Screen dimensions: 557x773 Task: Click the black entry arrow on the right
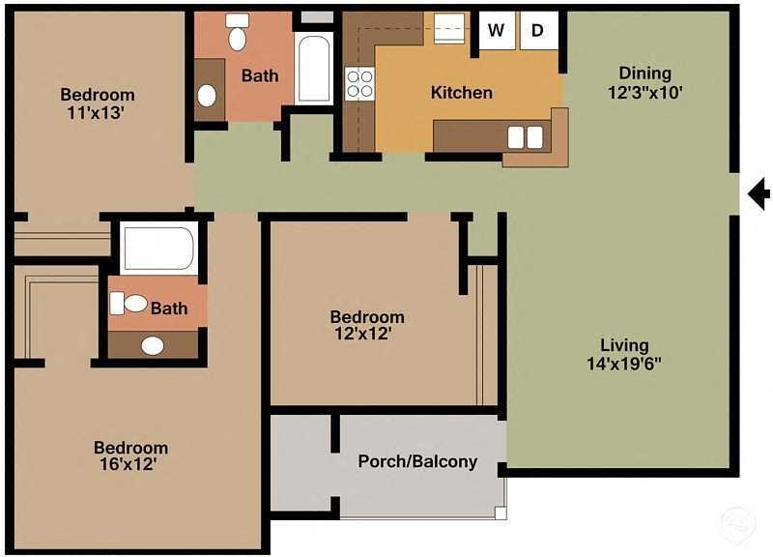[x=759, y=194]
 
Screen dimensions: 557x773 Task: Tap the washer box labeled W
[x=497, y=30]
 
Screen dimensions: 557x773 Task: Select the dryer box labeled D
[x=538, y=30]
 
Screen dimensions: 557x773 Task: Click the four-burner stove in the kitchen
[x=359, y=83]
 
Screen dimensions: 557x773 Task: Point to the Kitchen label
[x=461, y=93]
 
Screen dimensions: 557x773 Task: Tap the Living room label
[x=624, y=345]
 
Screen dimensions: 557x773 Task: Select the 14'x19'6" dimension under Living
[x=624, y=365]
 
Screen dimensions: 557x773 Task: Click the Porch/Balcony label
[x=417, y=461]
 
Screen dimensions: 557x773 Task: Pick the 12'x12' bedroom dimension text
[x=367, y=336]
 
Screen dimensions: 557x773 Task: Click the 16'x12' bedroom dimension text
[x=130, y=465]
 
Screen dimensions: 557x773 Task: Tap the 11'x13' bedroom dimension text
[x=97, y=112]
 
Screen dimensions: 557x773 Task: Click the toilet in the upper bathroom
[x=237, y=34]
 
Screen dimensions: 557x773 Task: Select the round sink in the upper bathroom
[x=207, y=96]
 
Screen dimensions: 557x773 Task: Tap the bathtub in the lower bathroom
[x=158, y=248]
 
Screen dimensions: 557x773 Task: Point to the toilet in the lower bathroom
[x=129, y=304]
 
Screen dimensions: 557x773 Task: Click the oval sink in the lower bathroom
[x=153, y=345]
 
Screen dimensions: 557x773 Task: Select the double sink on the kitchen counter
[x=526, y=137]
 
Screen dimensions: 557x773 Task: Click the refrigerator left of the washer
[x=450, y=29]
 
